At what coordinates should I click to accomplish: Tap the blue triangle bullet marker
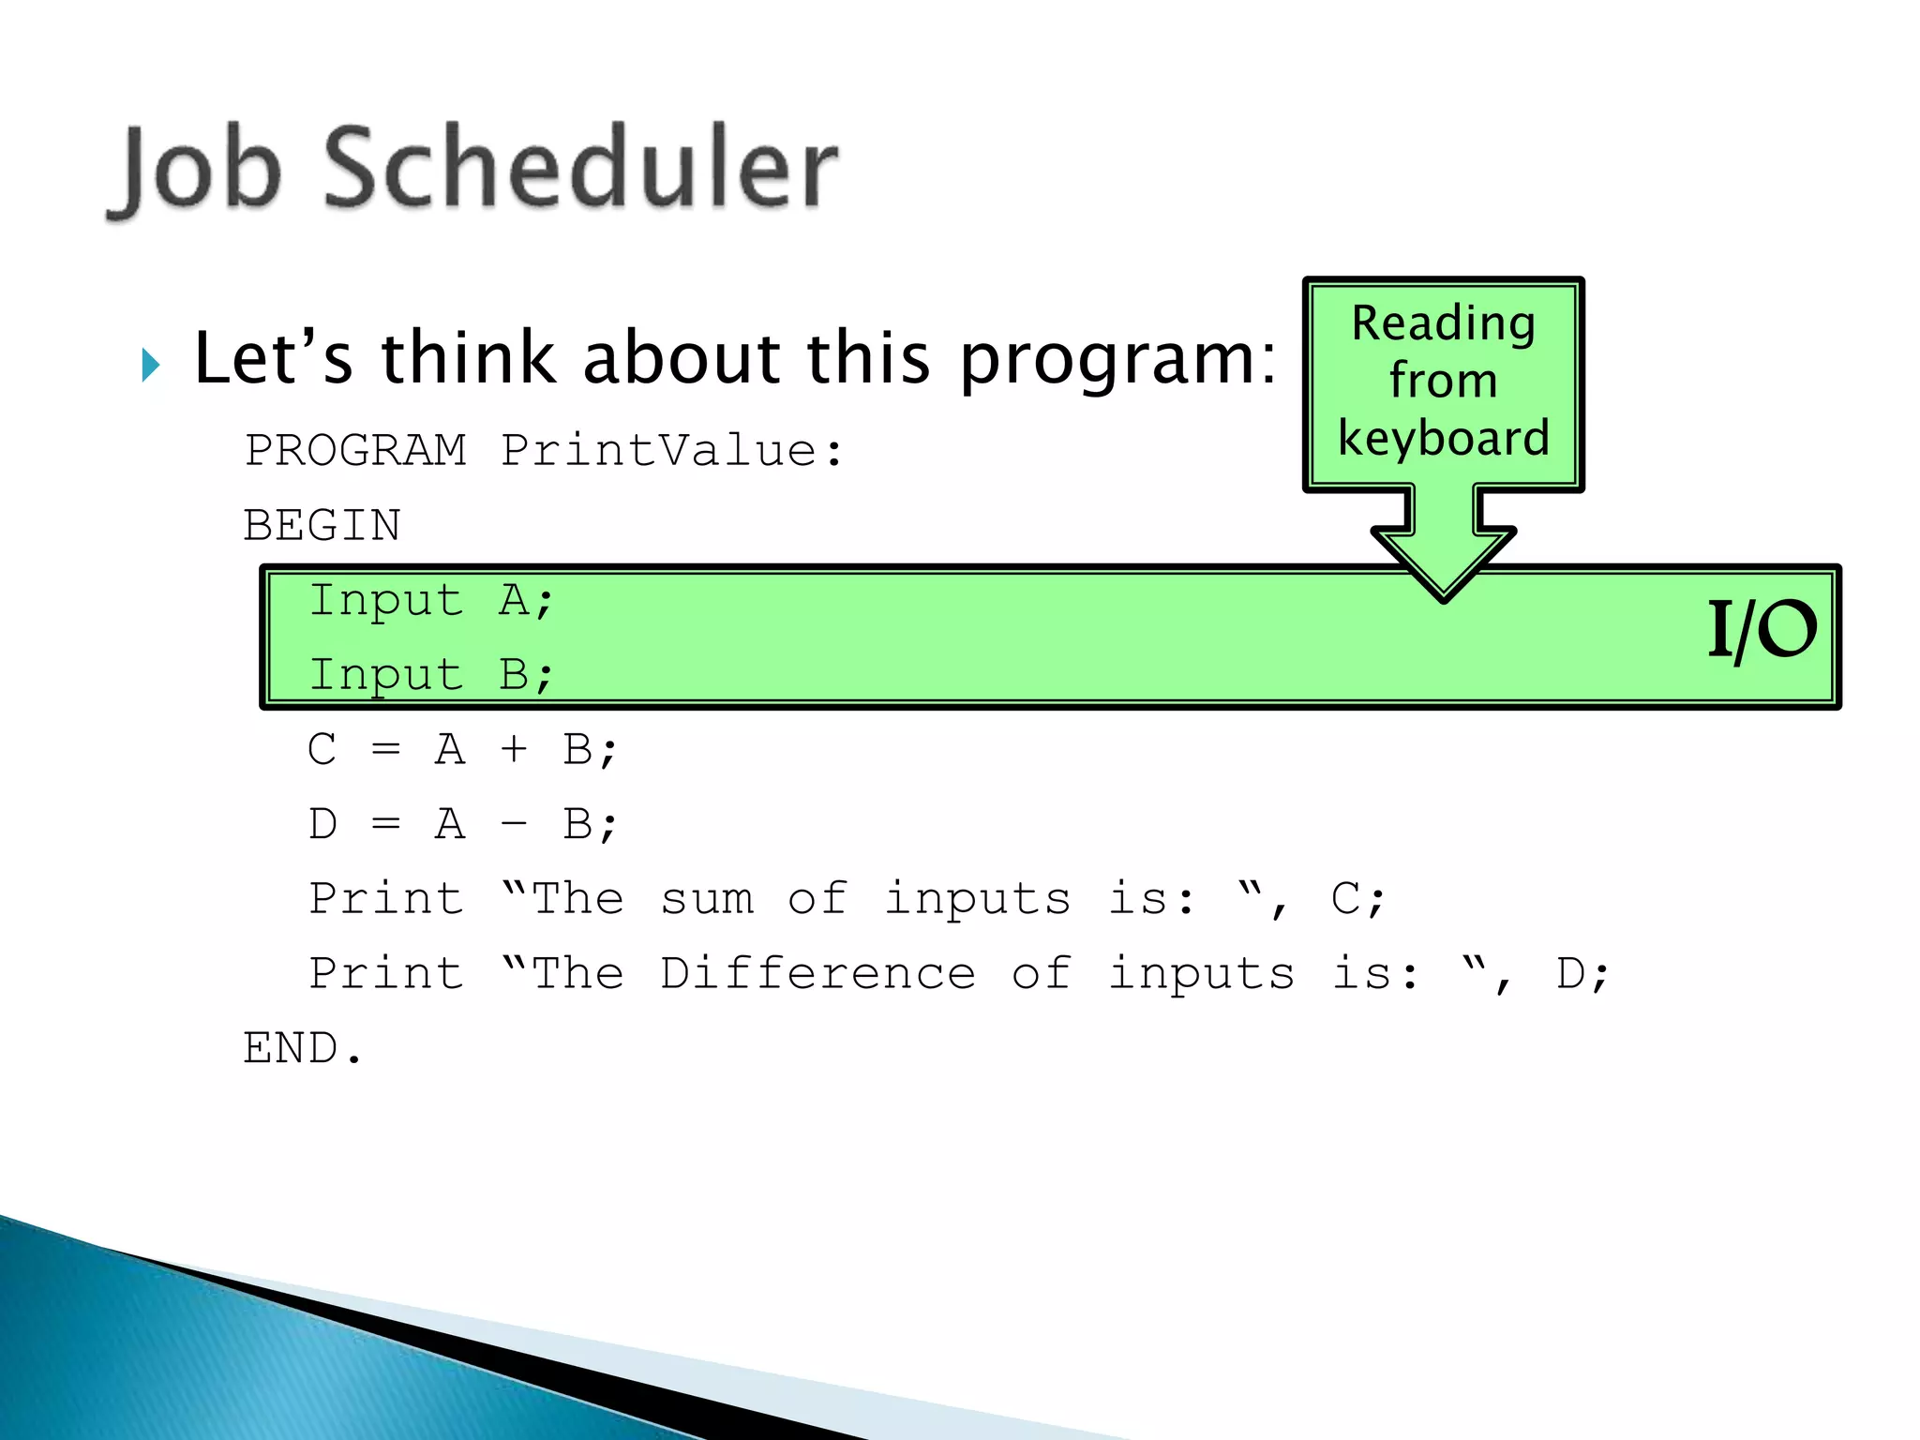click(x=151, y=364)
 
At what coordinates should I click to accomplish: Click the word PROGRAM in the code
click(x=355, y=450)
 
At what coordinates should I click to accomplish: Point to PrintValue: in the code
click(x=671, y=450)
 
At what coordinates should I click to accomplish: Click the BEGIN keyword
click(x=322, y=525)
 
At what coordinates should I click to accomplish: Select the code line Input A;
click(x=431, y=600)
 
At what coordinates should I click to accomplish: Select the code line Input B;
click(x=431, y=675)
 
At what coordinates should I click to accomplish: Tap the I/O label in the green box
click(x=1761, y=630)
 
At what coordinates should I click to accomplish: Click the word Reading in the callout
click(x=1443, y=323)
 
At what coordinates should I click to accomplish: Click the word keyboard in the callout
click(x=1443, y=438)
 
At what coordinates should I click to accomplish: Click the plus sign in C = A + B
click(x=513, y=749)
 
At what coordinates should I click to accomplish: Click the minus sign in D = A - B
click(x=513, y=824)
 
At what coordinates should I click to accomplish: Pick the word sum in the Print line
click(x=707, y=899)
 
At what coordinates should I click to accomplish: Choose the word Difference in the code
click(x=817, y=973)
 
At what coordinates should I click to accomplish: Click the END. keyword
click(x=302, y=1048)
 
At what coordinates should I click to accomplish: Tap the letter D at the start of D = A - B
click(x=322, y=824)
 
